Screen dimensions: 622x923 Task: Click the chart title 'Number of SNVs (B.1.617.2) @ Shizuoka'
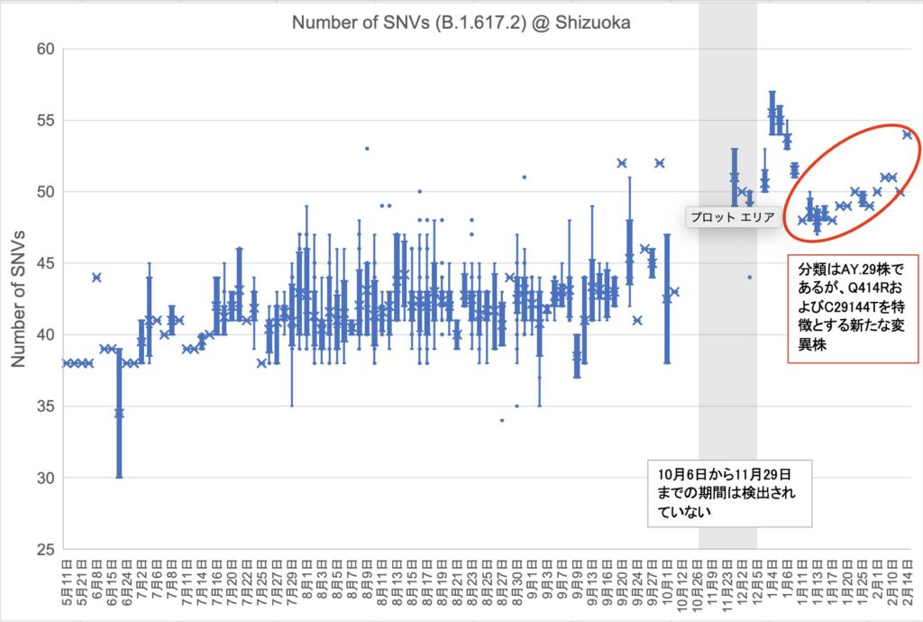click(x=461, y=23)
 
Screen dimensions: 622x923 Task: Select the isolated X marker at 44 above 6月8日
click(x=96, y=278)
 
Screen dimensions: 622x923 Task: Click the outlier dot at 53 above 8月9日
click(x=367, y=149)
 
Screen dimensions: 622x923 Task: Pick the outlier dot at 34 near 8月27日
click(x=502, y=420)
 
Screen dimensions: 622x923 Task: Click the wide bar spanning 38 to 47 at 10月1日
click(x=667, y=297)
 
